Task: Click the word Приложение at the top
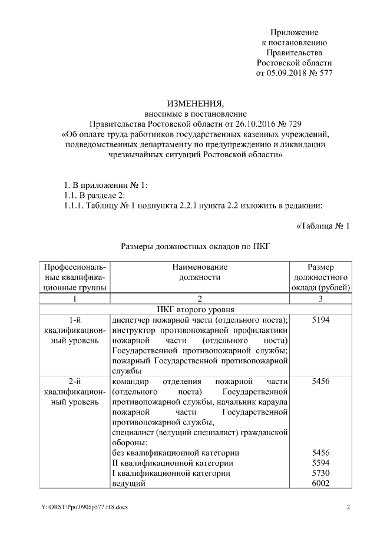[294, 31]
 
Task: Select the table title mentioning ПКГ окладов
[195, 247]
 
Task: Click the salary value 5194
[320, 320]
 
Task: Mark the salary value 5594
[320, 463]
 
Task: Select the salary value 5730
[320, 474]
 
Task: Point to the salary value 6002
[320, 484]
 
